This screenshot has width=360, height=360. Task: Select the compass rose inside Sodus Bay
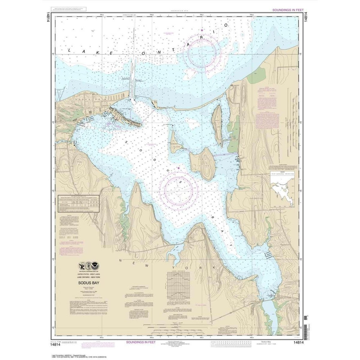tap(179, 190)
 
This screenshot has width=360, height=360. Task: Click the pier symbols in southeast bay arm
tap(268, 255)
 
